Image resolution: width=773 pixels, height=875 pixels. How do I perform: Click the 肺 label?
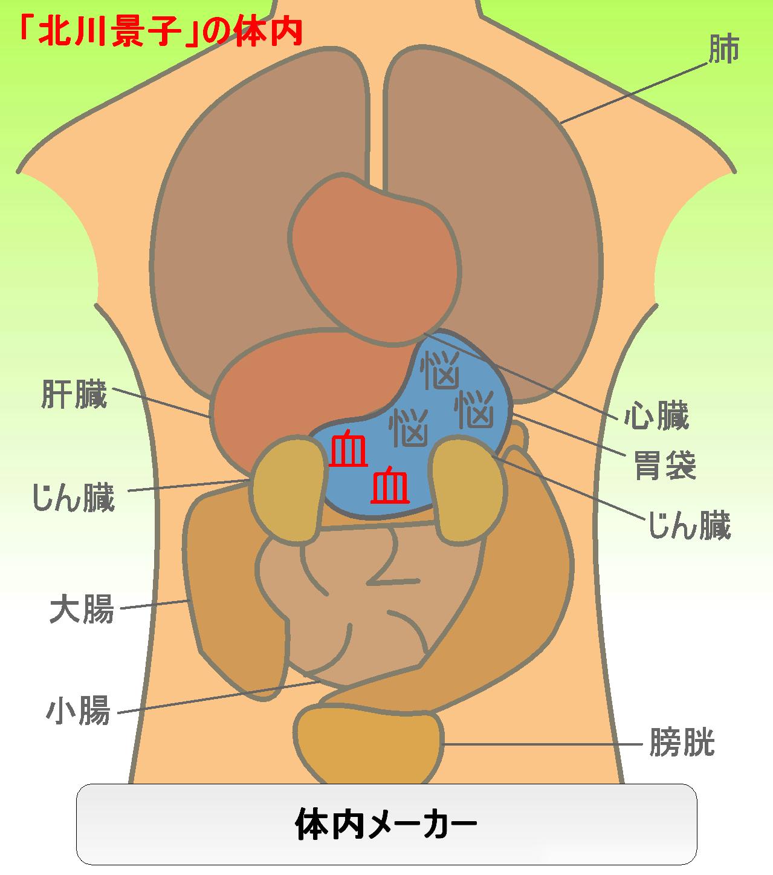724,49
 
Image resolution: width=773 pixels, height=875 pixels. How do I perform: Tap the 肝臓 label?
74,394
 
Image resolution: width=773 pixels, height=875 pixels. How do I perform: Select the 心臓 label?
656,415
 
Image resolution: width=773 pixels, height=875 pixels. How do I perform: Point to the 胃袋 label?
665,466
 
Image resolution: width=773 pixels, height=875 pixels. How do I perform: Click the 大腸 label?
82,609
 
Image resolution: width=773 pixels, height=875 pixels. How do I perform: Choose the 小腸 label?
79,711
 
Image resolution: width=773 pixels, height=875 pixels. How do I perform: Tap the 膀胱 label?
682,742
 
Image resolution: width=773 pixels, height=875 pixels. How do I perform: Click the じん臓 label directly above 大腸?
74,498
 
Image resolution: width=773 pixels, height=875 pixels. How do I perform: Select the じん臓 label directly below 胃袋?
690,525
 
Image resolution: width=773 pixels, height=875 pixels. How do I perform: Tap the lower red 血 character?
390,484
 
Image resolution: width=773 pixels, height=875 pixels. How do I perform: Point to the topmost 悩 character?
440,369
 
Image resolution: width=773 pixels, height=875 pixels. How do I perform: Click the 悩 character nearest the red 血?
409,428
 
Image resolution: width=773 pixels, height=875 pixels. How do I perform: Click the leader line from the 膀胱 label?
543,744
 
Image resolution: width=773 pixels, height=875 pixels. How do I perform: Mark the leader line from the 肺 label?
633,93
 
